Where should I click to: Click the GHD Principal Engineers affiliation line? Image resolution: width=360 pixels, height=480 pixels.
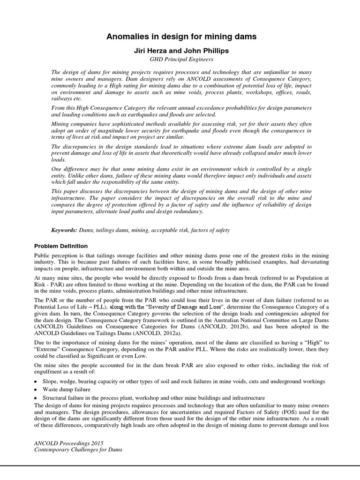click(x=180, y=60)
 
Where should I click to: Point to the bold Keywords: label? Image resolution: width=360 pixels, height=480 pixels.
click(x=64, y=231)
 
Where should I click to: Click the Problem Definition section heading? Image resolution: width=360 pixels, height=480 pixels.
click(x=61, y=246)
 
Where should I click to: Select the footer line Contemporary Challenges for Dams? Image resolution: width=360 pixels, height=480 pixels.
click(x=78, y=450)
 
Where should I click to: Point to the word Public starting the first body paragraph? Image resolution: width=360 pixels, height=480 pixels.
click(x=43, y=255)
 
